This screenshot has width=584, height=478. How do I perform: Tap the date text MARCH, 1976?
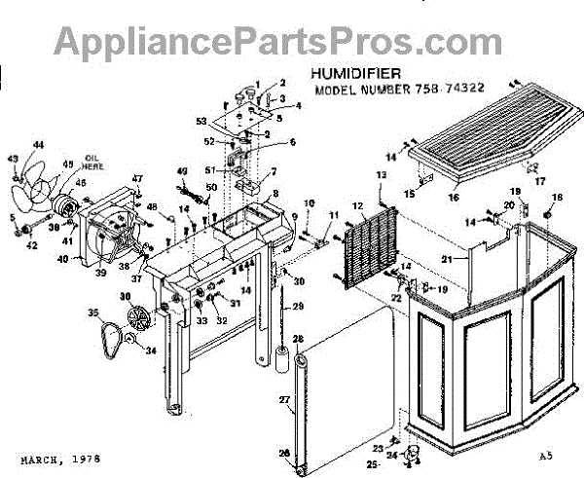click(x=59, y=457)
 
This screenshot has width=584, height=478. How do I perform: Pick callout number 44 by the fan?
click(x=38, y=145)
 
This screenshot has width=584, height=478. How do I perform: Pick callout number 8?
click(x=275, y=195)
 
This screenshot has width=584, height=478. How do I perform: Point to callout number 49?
click(x=181, y=172)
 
